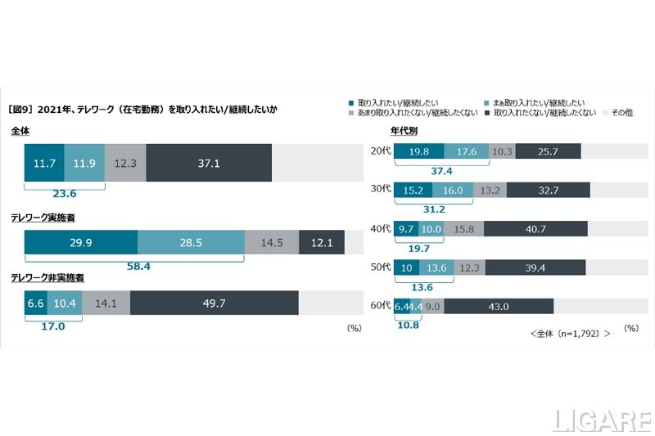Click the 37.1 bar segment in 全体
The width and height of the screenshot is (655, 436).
(x=208, y=164)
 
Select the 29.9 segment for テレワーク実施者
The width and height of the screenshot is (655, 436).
(x=80, y=243)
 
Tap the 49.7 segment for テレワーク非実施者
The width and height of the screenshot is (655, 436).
(x=214, y=303)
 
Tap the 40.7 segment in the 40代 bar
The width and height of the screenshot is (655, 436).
(x=536, y=230)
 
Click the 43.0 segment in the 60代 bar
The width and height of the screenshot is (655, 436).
(x=498, y=307)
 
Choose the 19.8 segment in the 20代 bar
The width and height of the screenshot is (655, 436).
(x=419, y=151)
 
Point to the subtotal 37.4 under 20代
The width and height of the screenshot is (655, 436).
(x=442, y=171)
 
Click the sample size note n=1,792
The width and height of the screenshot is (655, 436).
(x=570, y=334)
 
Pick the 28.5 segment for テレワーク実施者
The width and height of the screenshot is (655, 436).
(x=191, y=243)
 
